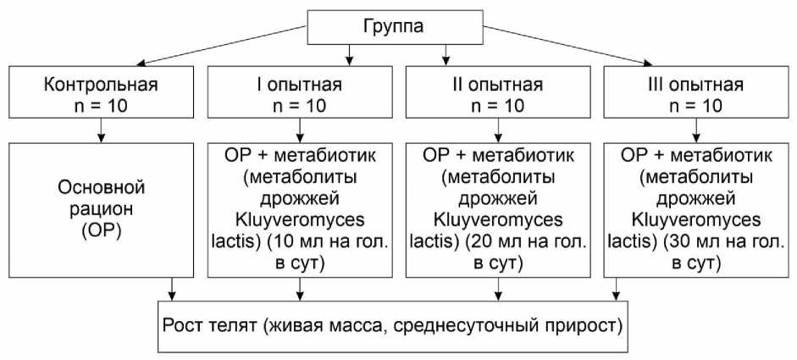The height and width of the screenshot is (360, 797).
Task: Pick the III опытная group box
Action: click(x=696, y=95)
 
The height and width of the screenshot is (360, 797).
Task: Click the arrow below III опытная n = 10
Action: click(x=696, y=130)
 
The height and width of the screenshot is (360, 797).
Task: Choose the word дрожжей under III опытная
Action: click(x=696, y=198)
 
